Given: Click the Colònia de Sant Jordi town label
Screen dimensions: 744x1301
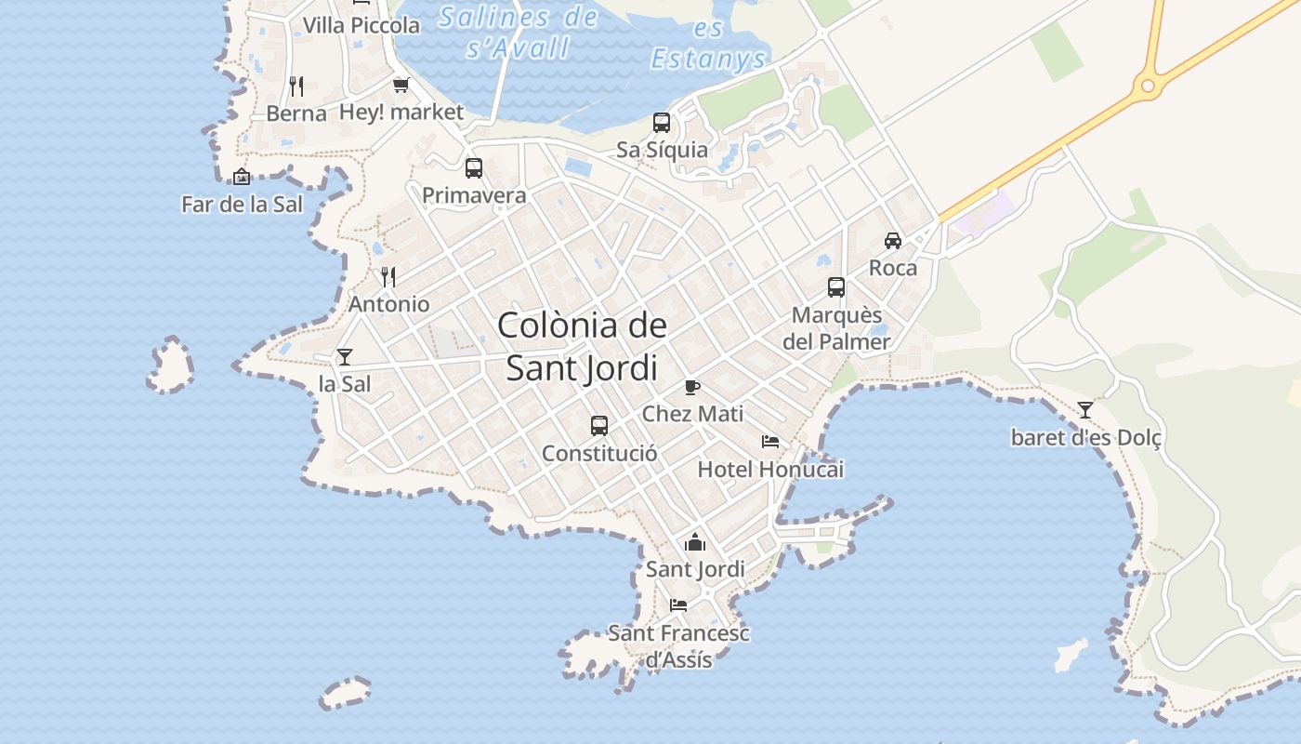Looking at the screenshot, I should [x=582, y=346].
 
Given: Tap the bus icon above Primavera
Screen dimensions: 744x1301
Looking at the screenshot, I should [x=474, y=168].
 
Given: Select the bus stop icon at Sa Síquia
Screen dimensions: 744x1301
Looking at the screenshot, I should [x=662, y=123].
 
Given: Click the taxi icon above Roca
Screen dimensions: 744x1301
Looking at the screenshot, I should [x=893, y=240].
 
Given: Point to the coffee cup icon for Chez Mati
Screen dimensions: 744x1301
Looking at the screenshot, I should [x=692, y=387].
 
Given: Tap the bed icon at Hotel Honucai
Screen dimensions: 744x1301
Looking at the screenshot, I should [x=770, y=441].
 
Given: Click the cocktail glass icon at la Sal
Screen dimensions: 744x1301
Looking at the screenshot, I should [x=345, y=356].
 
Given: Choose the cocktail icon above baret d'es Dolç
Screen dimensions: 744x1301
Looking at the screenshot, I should [x=1085, y=409].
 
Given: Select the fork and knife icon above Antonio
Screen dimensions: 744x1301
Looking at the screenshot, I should [x=388, y=276].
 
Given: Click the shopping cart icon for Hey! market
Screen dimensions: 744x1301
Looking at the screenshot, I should [x=401, y=86].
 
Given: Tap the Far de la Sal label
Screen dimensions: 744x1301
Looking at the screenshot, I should [x=243, y=205].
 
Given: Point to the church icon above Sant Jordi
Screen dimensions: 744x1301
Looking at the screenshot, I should [x=695, y=541].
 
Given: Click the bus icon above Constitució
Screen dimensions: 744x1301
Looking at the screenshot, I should [x=599, y=426].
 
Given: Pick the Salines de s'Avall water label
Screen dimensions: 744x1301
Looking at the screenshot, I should [x=519, y=32].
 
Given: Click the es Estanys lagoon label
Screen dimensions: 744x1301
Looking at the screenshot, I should [x=708, y=45].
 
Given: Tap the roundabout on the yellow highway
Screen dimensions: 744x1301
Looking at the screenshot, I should [x=1148, y=86].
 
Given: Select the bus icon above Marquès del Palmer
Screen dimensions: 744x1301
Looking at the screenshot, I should [x=836, y=287].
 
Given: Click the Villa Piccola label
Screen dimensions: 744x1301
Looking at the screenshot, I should [x=361, y=26].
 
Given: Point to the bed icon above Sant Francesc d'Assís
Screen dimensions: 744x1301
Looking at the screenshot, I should [x=678, y=605].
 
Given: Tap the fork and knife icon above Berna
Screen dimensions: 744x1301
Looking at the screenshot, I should [x=296, y=86].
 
